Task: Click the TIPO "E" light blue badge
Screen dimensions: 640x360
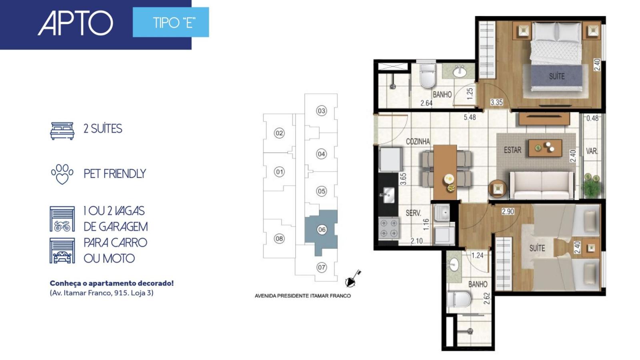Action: [171, 22]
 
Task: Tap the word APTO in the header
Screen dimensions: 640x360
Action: [76, 23]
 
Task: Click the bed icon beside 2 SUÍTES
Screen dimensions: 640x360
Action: [62, 131]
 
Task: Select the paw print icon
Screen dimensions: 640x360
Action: [62, 174]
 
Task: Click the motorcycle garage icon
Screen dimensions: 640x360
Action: [62, 219]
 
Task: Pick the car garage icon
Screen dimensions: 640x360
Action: [62, 250]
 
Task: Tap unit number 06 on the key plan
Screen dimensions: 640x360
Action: [322, 230]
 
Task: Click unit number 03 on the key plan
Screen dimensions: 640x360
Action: [322, 111]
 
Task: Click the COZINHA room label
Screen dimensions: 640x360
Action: [418, 142]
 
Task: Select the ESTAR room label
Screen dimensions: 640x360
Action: [512, 150]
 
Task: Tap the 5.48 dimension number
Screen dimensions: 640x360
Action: [470, 117]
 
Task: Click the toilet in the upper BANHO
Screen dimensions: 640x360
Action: [428, 76]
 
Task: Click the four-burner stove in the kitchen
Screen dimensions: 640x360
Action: [388, 228]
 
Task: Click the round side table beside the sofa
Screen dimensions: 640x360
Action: [498, 188]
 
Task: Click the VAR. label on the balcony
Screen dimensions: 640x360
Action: [592, 151]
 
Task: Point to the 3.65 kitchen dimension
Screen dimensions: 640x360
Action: [403, 179]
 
